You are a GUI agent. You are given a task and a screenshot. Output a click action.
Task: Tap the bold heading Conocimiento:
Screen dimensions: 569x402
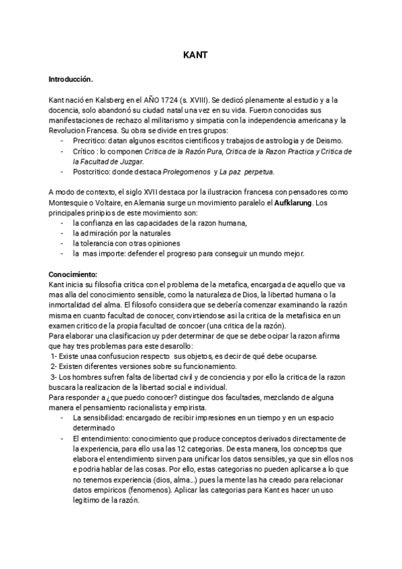pyautogui.click(x=73, y=274)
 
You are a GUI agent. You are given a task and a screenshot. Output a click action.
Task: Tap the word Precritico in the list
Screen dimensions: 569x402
pyautogui.click(x=91, y=140)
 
